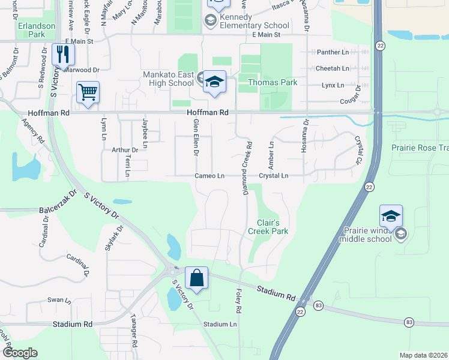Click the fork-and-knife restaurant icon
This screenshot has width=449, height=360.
62,55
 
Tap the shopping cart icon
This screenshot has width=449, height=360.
88,93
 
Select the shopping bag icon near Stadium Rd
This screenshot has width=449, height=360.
196,278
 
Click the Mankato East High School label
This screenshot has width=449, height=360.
168,79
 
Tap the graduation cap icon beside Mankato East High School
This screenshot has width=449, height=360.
213,82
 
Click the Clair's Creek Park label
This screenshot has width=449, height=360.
268,226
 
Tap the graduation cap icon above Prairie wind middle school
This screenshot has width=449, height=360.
390,216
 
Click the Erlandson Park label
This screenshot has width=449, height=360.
37,30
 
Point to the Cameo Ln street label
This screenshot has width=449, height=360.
209,176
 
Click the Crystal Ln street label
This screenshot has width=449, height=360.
274,176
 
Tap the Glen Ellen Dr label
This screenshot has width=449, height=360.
196,137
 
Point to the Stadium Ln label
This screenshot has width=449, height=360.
220,325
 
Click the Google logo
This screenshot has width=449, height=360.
20,353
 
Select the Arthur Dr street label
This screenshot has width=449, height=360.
126,150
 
